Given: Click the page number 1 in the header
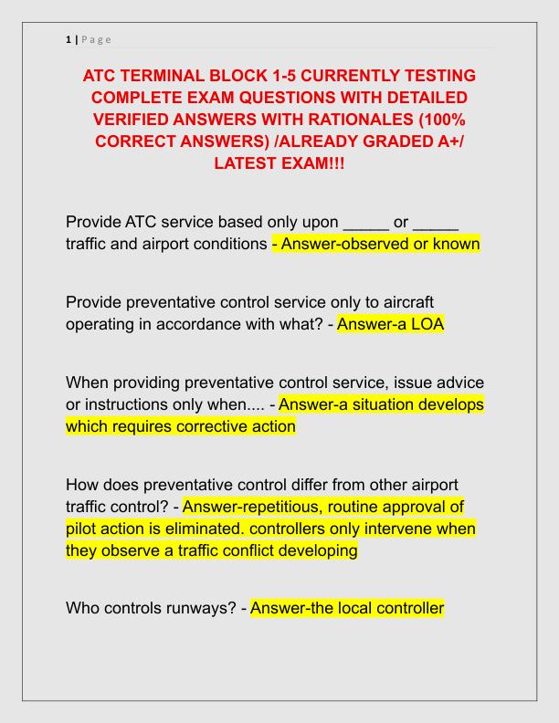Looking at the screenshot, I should pos(68,39).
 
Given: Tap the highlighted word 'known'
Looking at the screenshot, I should pos(454,245).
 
